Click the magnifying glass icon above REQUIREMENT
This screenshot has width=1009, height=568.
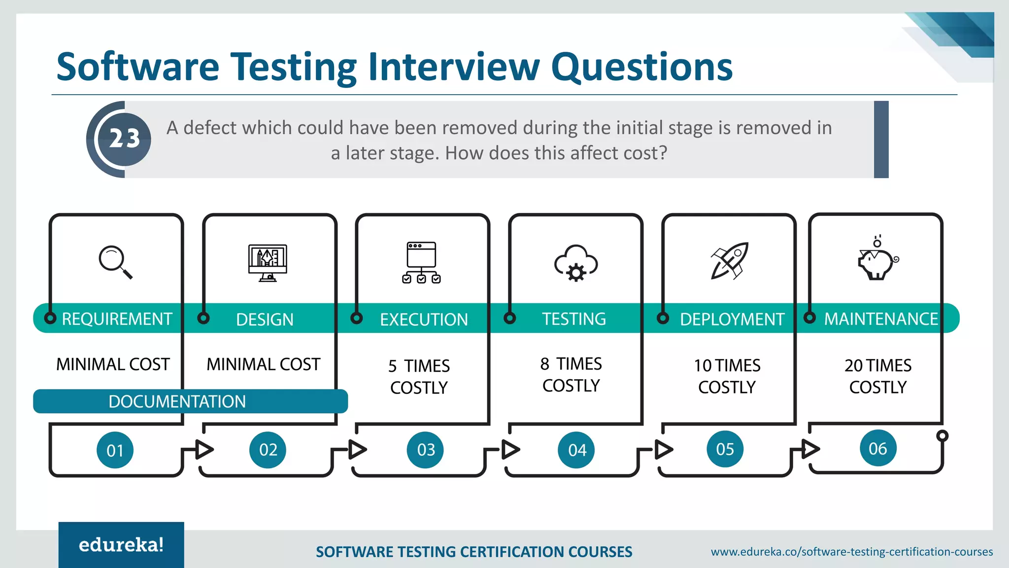coord(115,262)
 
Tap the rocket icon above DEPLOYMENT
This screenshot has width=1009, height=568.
coord(730,261)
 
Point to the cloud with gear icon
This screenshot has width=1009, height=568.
coord(576,263)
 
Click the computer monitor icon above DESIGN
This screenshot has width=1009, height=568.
coord(268,262)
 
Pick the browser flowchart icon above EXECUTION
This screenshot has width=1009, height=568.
coord(421,262)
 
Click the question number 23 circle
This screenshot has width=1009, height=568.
coord(124,139)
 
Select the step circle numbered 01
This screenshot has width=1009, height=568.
coord(115,450)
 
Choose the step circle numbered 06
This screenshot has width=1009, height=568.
coord(878,449)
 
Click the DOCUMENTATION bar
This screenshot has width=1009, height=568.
coord(190,401)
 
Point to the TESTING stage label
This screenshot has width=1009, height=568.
coord(574,319)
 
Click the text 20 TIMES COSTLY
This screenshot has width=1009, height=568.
coord(878,376)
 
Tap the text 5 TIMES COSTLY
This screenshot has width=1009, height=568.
coord(419,377)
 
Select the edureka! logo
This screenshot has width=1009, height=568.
coord(121,545)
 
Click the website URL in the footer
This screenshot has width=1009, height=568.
coord(851,552)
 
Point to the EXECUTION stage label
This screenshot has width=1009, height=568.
coord(424,319)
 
